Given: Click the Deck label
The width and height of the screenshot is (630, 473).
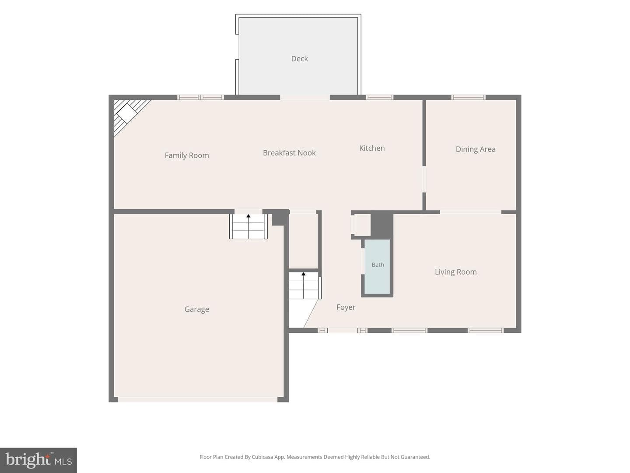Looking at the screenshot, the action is coord(299,59).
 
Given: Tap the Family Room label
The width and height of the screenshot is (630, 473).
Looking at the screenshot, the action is coord(186,155).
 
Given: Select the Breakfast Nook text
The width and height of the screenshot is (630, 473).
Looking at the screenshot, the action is coord(289,153).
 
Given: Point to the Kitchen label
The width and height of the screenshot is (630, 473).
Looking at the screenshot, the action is coord(372,148).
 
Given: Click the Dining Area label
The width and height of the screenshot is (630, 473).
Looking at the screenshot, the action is coord(475,149).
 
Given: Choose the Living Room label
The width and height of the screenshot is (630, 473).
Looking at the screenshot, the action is coord(455,272).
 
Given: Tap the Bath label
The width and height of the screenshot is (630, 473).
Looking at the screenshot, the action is coord(378,265).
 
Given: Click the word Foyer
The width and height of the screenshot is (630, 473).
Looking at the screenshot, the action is coord(346,307).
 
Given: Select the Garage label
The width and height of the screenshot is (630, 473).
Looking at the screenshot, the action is coord(196,309).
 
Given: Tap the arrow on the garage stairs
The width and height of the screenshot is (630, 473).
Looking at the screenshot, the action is coord(248,226).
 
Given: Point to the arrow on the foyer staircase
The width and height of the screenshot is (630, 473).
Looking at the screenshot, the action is coord(303,286).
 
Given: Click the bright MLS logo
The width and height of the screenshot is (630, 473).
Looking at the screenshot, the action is coord(38,460).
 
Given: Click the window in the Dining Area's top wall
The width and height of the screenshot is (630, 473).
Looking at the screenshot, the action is coord(468,97).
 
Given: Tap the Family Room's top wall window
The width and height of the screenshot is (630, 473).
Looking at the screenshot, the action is coord(200,97).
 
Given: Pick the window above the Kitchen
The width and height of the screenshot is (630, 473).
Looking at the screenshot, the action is coord(379,97).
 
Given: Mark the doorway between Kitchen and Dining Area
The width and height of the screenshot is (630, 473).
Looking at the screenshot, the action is coord(424,179).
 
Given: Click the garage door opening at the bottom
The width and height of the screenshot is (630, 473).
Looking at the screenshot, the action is coord(198,399).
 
